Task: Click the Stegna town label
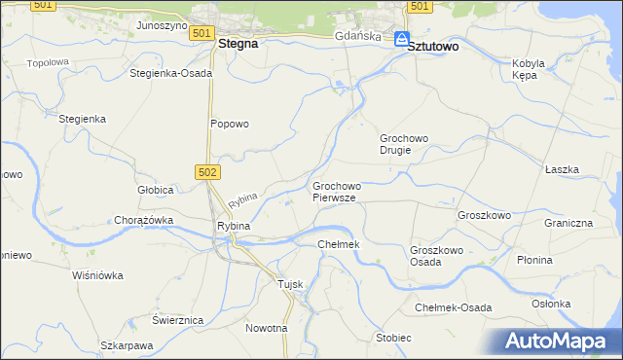pos(238,44)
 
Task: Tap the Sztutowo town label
pos(433,45)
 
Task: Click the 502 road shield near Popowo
pos(211,172)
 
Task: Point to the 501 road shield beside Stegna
pos(201,33)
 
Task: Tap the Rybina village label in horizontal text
pos(234,226)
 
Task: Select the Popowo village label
pos(231,124)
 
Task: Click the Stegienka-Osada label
pos(171,73)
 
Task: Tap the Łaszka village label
pos(562,169)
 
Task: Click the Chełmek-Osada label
pos(453,307)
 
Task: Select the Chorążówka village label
pos(143,220)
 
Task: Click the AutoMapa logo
pos(560,341)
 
